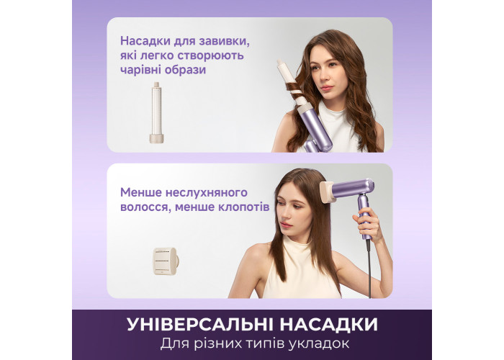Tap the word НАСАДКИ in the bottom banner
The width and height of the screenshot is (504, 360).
(x=328, y=324)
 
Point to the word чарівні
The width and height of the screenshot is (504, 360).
(x=140, y=70)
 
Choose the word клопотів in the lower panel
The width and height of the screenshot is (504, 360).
(x=243, y=207)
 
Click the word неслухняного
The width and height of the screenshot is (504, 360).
(x=207, y=192)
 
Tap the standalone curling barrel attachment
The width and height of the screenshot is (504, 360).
(x=156, y=112)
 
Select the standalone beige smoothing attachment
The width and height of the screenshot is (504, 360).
(x=166, y=261)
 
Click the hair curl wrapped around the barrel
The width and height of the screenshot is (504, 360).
(x=294, y=91)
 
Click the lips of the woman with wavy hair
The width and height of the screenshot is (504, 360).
(x=325, y=88)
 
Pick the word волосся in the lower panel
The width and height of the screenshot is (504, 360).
(x=145, y=207)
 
